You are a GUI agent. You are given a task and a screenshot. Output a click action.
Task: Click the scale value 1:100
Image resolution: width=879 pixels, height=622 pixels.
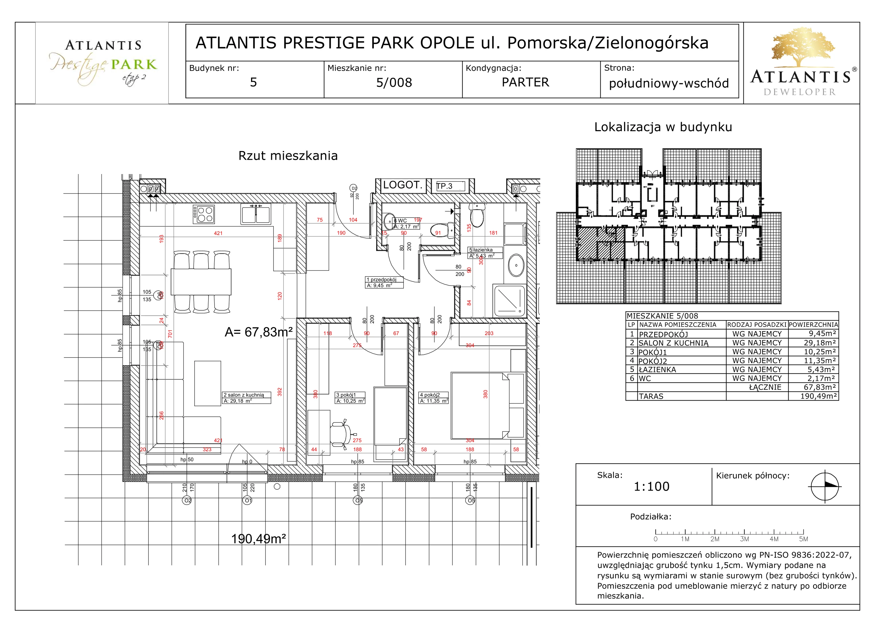click(x=651, y=486)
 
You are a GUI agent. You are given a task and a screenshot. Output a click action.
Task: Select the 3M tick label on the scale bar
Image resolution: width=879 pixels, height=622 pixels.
click(x=744, y=539)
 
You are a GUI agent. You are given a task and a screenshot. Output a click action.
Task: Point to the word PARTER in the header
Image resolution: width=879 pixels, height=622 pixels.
click(x=525, y=82)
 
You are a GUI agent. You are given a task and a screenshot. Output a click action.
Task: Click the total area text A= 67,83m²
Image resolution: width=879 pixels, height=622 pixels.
click(x=258, y=332)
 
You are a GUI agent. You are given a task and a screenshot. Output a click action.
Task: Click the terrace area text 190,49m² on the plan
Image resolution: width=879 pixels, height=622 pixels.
click(x=258, y=539)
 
